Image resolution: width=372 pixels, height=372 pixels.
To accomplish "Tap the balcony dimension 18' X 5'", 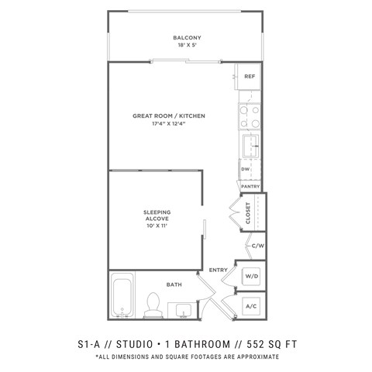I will (x=186, y=45).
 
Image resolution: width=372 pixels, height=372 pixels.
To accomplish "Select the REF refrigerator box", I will (x=250, y=77).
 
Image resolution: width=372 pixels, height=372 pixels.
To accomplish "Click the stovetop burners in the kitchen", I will (x=250, y=115).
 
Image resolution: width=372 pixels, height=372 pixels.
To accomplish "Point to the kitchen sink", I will (x=250, y=145).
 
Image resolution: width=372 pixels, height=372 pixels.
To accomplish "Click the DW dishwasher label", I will (x=245, y=169).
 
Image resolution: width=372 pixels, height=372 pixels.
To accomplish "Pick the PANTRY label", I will (x=250, y=186).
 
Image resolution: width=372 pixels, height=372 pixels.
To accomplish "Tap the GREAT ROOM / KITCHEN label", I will (x=163, y=115).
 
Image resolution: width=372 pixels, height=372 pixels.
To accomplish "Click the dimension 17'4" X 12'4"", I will (x=163, y=124).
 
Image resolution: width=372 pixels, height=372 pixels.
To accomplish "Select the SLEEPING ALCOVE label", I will (x=157, y=215).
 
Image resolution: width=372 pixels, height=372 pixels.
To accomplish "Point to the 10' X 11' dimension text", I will (x=157, y=228).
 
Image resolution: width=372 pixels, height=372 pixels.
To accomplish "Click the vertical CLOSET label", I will (x=249, y=213).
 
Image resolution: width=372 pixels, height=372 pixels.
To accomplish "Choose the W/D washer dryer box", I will (x=251, y=276).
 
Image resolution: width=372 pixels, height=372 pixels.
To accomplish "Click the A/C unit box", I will (x=251, y=305).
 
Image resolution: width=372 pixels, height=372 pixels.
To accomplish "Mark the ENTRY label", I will (x=218, y=269).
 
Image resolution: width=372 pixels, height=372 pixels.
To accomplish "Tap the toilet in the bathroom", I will (x=153, y=305).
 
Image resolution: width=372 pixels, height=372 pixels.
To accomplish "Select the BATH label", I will (x=174, y=284).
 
